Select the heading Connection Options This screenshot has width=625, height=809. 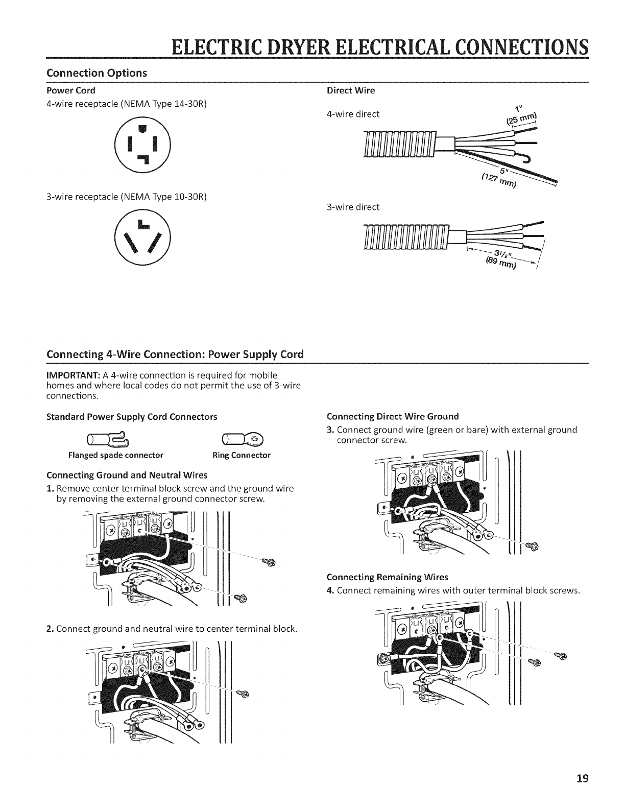(x=97, y=73)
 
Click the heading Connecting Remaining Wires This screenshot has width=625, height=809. (x=387, y=577)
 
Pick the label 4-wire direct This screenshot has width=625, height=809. (x=353, y=114)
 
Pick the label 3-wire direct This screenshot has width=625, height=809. (x=353, y=207)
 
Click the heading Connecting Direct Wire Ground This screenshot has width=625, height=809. (x=392, y=416)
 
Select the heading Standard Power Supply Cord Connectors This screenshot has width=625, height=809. (x=132, y=416)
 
